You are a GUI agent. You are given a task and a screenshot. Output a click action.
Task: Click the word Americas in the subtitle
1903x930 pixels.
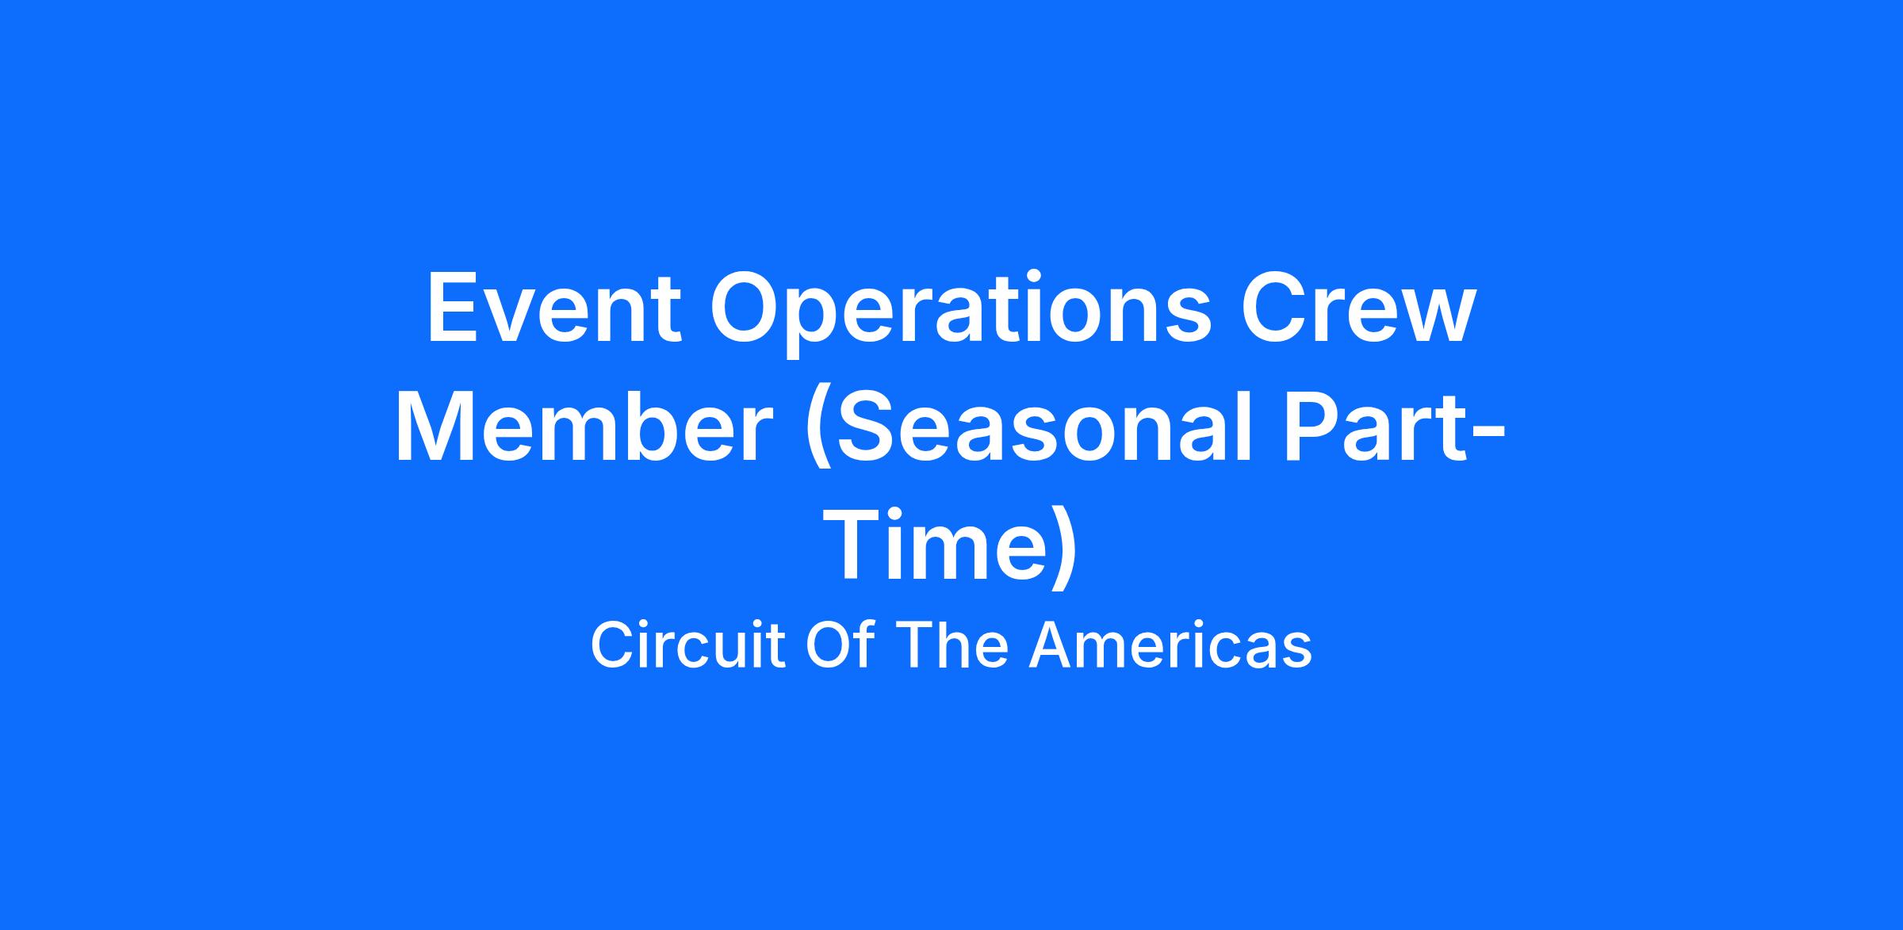coord(1170,645)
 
